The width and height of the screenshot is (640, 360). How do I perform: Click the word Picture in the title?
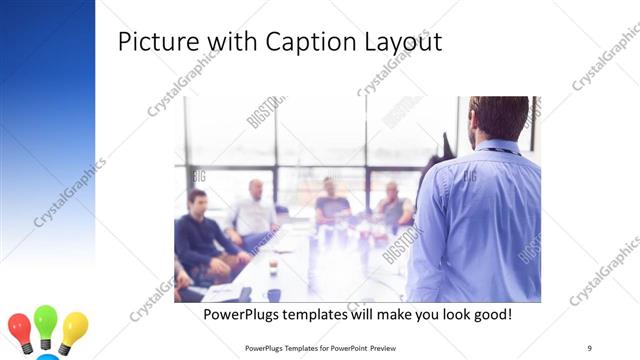(x=153, y=43)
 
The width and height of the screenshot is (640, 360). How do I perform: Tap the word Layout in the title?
(x=399, y=43)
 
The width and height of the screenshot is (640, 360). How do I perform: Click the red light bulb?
(x=19, y=327)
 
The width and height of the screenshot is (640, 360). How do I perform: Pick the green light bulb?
(x=46, y=321)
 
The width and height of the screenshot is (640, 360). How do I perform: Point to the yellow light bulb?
(x=74, y=326)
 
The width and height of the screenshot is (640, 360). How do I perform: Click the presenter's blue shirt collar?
(x=499, y=147)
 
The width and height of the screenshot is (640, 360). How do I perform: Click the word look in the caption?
(x=445, y=315)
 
